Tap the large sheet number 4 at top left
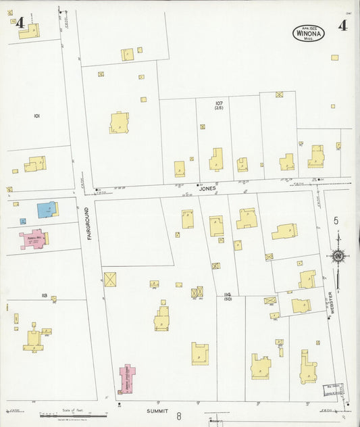click(21, 24)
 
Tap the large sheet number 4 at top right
click(343, 26)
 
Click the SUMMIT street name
click(156, 410)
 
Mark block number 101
click(37, 116)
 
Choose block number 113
click(45, 296)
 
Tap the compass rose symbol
click(337, 255)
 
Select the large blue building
click(45, 209)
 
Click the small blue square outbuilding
click(22, 221)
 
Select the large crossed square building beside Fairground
click(110, 278)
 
